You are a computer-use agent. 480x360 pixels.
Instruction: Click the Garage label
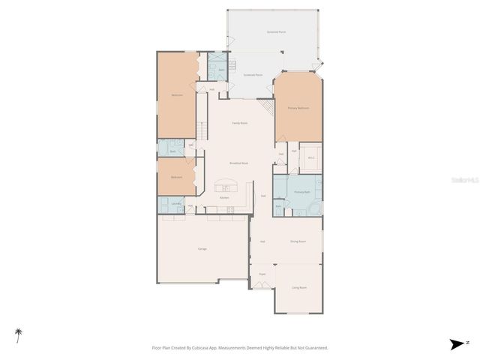click(202, 248)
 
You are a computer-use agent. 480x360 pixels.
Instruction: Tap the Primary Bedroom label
click(298, 109)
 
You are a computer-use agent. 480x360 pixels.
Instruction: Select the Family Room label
click(239, 123)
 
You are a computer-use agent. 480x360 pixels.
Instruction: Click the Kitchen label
click(224, 197)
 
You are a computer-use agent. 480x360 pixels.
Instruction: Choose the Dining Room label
click(298, 241)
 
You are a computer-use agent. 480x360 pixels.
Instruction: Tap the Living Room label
click(298, 287)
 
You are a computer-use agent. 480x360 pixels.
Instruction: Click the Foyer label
click(262, 274)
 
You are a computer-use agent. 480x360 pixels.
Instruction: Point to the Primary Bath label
click(301, 193)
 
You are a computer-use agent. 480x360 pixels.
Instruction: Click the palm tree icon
click(17, 334)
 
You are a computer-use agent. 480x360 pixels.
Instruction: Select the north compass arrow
click(456, 344)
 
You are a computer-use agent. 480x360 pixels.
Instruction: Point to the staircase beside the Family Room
click(201, 128)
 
